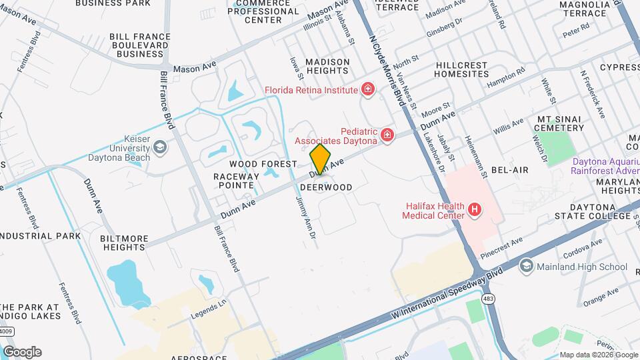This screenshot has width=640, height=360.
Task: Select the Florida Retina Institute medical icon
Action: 367,89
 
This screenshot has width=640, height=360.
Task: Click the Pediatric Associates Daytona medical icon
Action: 387,136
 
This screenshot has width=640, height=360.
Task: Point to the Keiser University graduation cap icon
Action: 159,147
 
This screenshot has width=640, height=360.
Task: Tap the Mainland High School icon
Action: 526,267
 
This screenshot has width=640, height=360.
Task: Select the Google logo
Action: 22,351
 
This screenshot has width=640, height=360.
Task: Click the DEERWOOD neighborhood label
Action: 326,187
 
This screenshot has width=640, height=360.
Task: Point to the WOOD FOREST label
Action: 263,163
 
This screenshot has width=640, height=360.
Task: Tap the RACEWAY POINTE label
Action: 233,180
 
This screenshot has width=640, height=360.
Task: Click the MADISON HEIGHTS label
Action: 327,67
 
